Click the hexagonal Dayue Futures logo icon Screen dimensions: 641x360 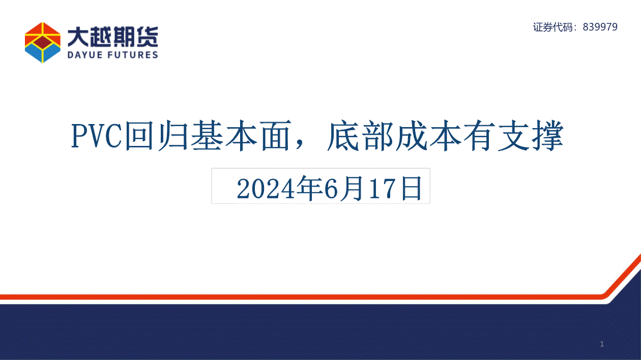point(43,42)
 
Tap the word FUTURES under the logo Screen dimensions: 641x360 point(134,54)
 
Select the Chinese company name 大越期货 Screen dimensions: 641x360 point(113,37)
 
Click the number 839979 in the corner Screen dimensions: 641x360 point(600,27)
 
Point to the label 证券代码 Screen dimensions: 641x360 point(553,27)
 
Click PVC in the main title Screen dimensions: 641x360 point(97,136)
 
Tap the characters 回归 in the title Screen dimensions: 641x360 point(157,136)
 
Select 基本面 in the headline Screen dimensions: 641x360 point(240,136)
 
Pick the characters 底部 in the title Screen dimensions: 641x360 point(360,136)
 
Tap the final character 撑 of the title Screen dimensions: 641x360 point(548,136)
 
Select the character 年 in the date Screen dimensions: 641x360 point(309,188)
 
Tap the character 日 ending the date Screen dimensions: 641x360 point(412,188)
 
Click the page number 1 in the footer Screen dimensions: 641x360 point(602,344)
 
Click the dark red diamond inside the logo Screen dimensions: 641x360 point(43,42)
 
